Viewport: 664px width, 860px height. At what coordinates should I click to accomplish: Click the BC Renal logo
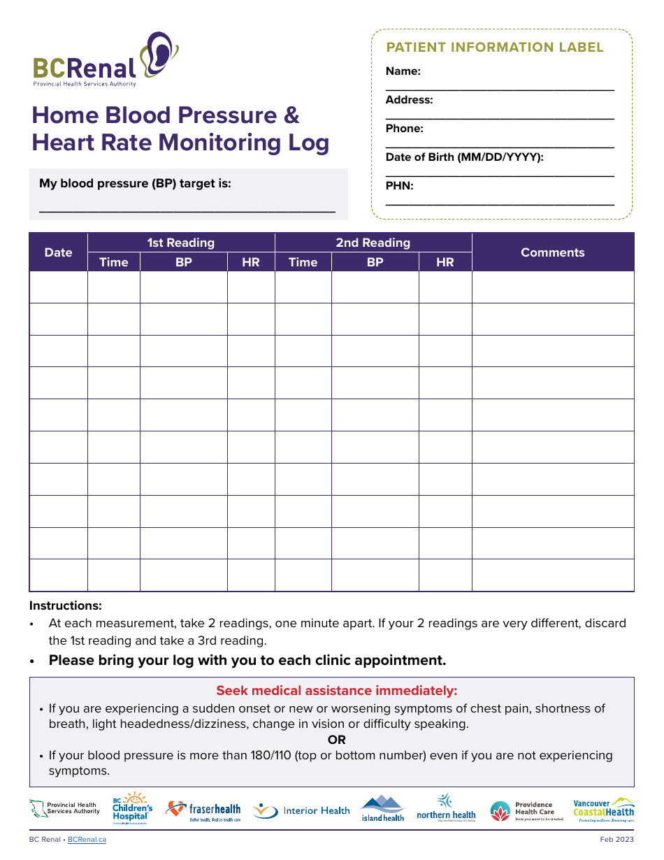pyautogui.click(x=105, y=60)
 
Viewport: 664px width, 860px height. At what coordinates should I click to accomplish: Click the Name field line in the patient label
pyautogui.click(x=500, y=89)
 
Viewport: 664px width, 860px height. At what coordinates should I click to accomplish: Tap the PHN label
pyautogui.click(x=399, y=186)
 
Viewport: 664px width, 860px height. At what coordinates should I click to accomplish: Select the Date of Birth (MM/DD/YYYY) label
pyautogui.click(x=464, y=157)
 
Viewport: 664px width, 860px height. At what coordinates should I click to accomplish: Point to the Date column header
pyautogui.click(x=58, y=252)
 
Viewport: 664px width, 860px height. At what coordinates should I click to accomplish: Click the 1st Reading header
pyautogui.click(x=180, y=243)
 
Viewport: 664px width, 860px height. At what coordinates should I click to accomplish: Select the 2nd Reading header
pyautogui.click(x=373, y=243)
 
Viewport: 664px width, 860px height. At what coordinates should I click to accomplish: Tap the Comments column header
pyautogui.click(x=552, y=252)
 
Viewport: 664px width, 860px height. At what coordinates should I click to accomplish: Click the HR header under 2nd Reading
pyautogui.click(x=445, y=262)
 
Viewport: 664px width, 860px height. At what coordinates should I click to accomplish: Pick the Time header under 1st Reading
pyautogui.click(x=113, y=262)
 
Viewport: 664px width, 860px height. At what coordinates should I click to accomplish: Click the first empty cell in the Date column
pyautogui.click(x=58, y=287)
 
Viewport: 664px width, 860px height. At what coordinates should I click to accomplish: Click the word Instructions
pyautogui.click(x=65, y=605)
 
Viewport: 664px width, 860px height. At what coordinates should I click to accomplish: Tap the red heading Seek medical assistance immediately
pyautogui.click(x=336, y=691)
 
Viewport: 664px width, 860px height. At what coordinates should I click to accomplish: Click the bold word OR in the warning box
pyautogui.click(x=336, y=740)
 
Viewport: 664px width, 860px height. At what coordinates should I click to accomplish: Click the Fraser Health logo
pyautogui.click(x=203, y=810)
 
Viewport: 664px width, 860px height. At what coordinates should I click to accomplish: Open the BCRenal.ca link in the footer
pyautogui.click(x=87, y=839)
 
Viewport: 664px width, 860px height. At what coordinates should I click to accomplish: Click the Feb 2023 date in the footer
pyautogui.click(x=616, y=839)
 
